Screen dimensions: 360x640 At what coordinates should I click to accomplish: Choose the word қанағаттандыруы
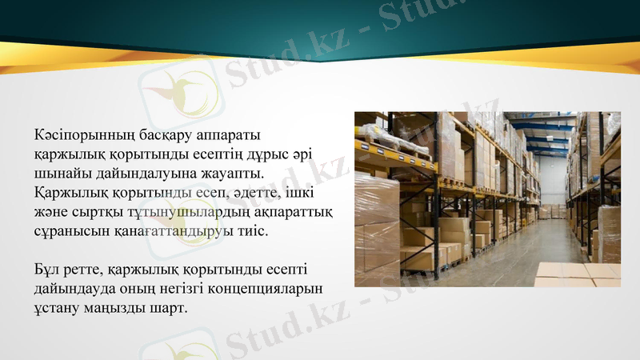(x=181, y=232)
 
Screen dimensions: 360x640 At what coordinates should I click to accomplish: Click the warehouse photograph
(x=487, y=199)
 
